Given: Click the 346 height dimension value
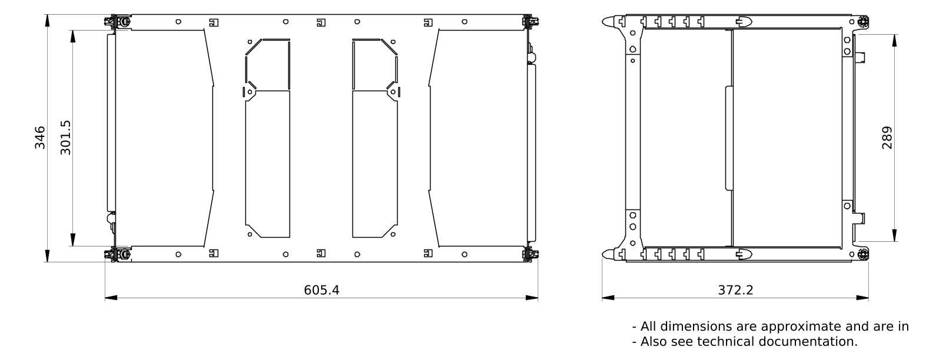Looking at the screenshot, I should (x=40, y=138).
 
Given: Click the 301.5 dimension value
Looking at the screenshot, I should (x=65, y=138).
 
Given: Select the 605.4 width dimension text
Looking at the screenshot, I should (x=321, y=290).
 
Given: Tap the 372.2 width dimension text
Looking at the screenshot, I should (x=735, y=290).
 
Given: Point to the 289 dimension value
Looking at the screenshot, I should (x=887, y=138).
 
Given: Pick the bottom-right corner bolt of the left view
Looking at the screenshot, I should (x=528, y=255).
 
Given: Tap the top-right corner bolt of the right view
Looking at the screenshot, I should (x=862, y=22).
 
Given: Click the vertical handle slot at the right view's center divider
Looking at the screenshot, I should (x=729, y=138).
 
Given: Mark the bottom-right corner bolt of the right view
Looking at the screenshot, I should (x=862, y=255).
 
